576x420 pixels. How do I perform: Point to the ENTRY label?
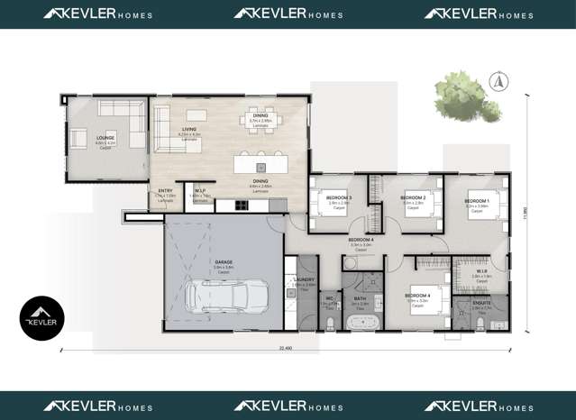click(x=166, y=191)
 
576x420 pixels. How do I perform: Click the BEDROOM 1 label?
click(x=477, y=200)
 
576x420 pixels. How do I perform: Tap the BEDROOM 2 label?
click(x=413, y=197)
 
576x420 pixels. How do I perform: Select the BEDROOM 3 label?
click(x=339, y=197)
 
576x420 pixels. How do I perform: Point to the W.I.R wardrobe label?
click(x=481, y=271)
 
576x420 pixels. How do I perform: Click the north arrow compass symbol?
click(x=495, y=82)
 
